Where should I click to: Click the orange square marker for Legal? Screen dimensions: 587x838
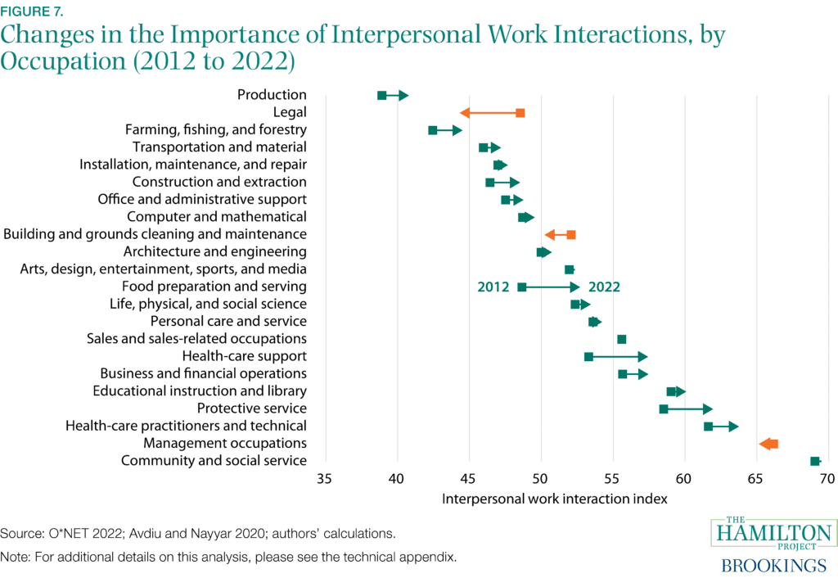tap(520, 113)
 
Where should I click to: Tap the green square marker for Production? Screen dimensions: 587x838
tap(381, 96)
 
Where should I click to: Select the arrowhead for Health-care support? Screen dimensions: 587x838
tap(642, 356)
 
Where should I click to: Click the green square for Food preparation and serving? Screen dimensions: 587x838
tap(522, 287)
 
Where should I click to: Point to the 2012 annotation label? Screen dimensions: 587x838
tap(493, 287)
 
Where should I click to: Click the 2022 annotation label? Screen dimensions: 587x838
tap(604, 287)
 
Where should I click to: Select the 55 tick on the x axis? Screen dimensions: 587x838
tap(611, 479)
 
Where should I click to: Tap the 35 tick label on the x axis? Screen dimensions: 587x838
tap(325, 479)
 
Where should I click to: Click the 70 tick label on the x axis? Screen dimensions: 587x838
tap(827, 479)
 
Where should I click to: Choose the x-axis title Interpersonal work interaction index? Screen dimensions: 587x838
tap(555, 499)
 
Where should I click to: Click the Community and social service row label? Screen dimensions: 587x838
tap(214, 461)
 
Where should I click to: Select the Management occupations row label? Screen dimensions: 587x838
tap(225, 443)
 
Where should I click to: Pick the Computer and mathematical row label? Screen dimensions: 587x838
tap(217, 217)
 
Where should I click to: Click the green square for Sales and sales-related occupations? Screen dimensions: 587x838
tap(621, 339)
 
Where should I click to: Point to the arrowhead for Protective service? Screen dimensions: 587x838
tap(707, 409)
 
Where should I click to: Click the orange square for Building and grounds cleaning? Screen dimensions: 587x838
tap(570, 235)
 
